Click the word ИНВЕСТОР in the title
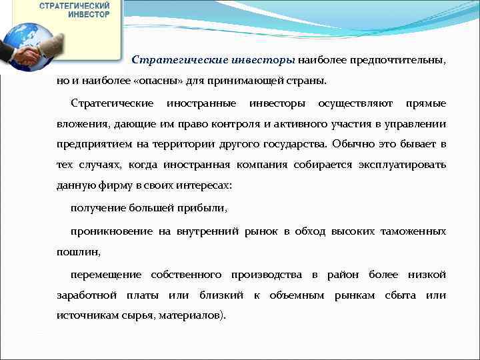[x=89, y=15]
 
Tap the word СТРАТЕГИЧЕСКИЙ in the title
[x=75, y=5]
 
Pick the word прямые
[x=426, y=104]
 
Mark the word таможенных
[x=413, y=231]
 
